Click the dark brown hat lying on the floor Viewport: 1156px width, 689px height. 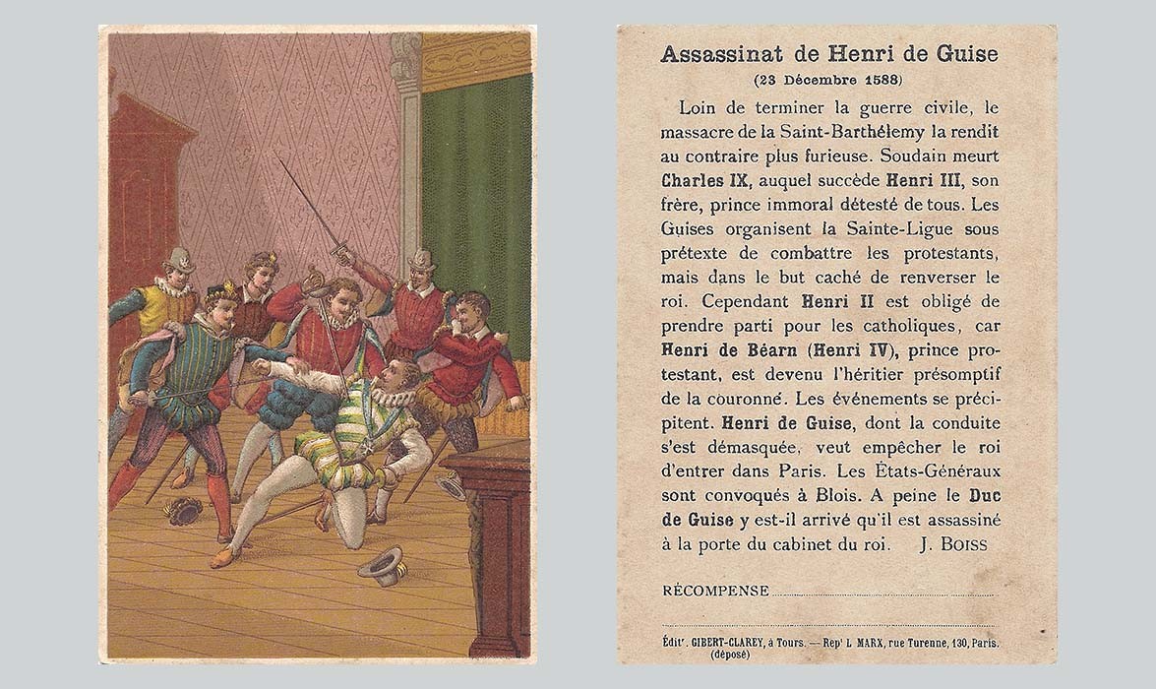point(183,509)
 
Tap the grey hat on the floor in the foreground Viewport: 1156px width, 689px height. point(382,566)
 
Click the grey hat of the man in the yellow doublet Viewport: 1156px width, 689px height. point(179,260)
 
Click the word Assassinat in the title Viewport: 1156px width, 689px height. point(716,54)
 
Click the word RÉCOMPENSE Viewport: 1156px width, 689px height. point(715,591)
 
